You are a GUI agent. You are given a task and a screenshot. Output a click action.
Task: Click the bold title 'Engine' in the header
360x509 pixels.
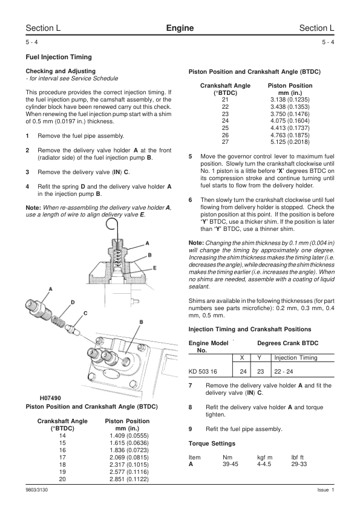tap(180, 28)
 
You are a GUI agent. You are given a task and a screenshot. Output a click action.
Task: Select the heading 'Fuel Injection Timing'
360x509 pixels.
tap(59, 57)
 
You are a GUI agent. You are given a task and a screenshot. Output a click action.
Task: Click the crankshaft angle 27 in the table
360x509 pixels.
tap(225, 142)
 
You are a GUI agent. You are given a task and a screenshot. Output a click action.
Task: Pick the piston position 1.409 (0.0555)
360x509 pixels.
tap(129, 436)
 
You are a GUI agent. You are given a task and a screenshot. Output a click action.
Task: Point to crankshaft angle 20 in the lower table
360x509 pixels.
tap(62, 479)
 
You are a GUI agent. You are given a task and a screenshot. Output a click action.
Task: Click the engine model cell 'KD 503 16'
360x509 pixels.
tap(203, 371)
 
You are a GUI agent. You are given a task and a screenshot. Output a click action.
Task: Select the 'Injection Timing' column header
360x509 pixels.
tap(296, 358)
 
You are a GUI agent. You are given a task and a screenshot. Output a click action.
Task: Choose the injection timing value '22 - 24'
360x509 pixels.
tap(283, 371)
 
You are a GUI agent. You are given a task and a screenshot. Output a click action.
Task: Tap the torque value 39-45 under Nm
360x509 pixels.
tap(231, 464)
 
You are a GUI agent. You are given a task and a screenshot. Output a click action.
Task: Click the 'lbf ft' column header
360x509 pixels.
tap(297, 458)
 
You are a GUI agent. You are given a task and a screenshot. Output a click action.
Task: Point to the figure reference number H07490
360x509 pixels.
tap(50, 398)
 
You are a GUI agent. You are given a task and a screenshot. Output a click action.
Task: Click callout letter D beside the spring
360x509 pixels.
tap(73, 302)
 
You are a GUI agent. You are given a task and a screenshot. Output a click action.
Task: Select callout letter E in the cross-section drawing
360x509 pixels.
tap(155, 268)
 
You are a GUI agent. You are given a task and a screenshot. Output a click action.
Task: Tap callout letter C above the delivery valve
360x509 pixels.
tap(85, 313)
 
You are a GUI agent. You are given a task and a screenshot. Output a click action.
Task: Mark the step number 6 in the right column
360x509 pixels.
tap(191, 200)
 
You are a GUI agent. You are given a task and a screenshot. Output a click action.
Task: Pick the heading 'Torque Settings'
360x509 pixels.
tap(212, 444)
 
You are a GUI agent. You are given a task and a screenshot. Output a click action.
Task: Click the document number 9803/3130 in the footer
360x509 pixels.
tap(37, 490)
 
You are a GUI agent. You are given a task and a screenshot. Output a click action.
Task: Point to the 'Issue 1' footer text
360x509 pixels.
tap(326, 490)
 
